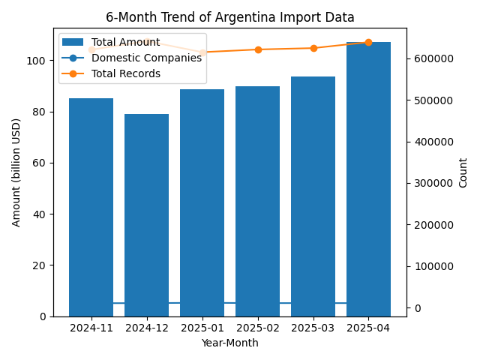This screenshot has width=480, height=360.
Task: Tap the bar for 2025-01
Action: pyautogui.click(x=202, y=202)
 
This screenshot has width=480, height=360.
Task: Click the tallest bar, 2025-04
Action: pyautogui.click(x=368, y=179)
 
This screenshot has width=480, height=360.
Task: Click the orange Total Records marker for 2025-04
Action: pyautogui.click(x=368, y=43)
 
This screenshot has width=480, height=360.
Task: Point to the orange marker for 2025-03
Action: pyautogui.click(x=313, y=48)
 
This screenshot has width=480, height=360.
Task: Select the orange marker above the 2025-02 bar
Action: pyautogui.click(x=257, y=49)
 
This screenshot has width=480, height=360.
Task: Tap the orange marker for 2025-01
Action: pyautogui.click(x=202, y=52)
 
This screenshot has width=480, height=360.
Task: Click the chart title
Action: pyautogui.click(x=229, y=17)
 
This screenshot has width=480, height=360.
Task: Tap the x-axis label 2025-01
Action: pyautogui.click(x=202, y=328)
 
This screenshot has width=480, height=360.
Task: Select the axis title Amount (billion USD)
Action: pyautogui.click(x=16, y=172)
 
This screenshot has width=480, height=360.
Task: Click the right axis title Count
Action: pyautogui.click(x=463, y=172)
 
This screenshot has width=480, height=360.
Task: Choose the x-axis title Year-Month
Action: pyautogui.click(x=229, y=343)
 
